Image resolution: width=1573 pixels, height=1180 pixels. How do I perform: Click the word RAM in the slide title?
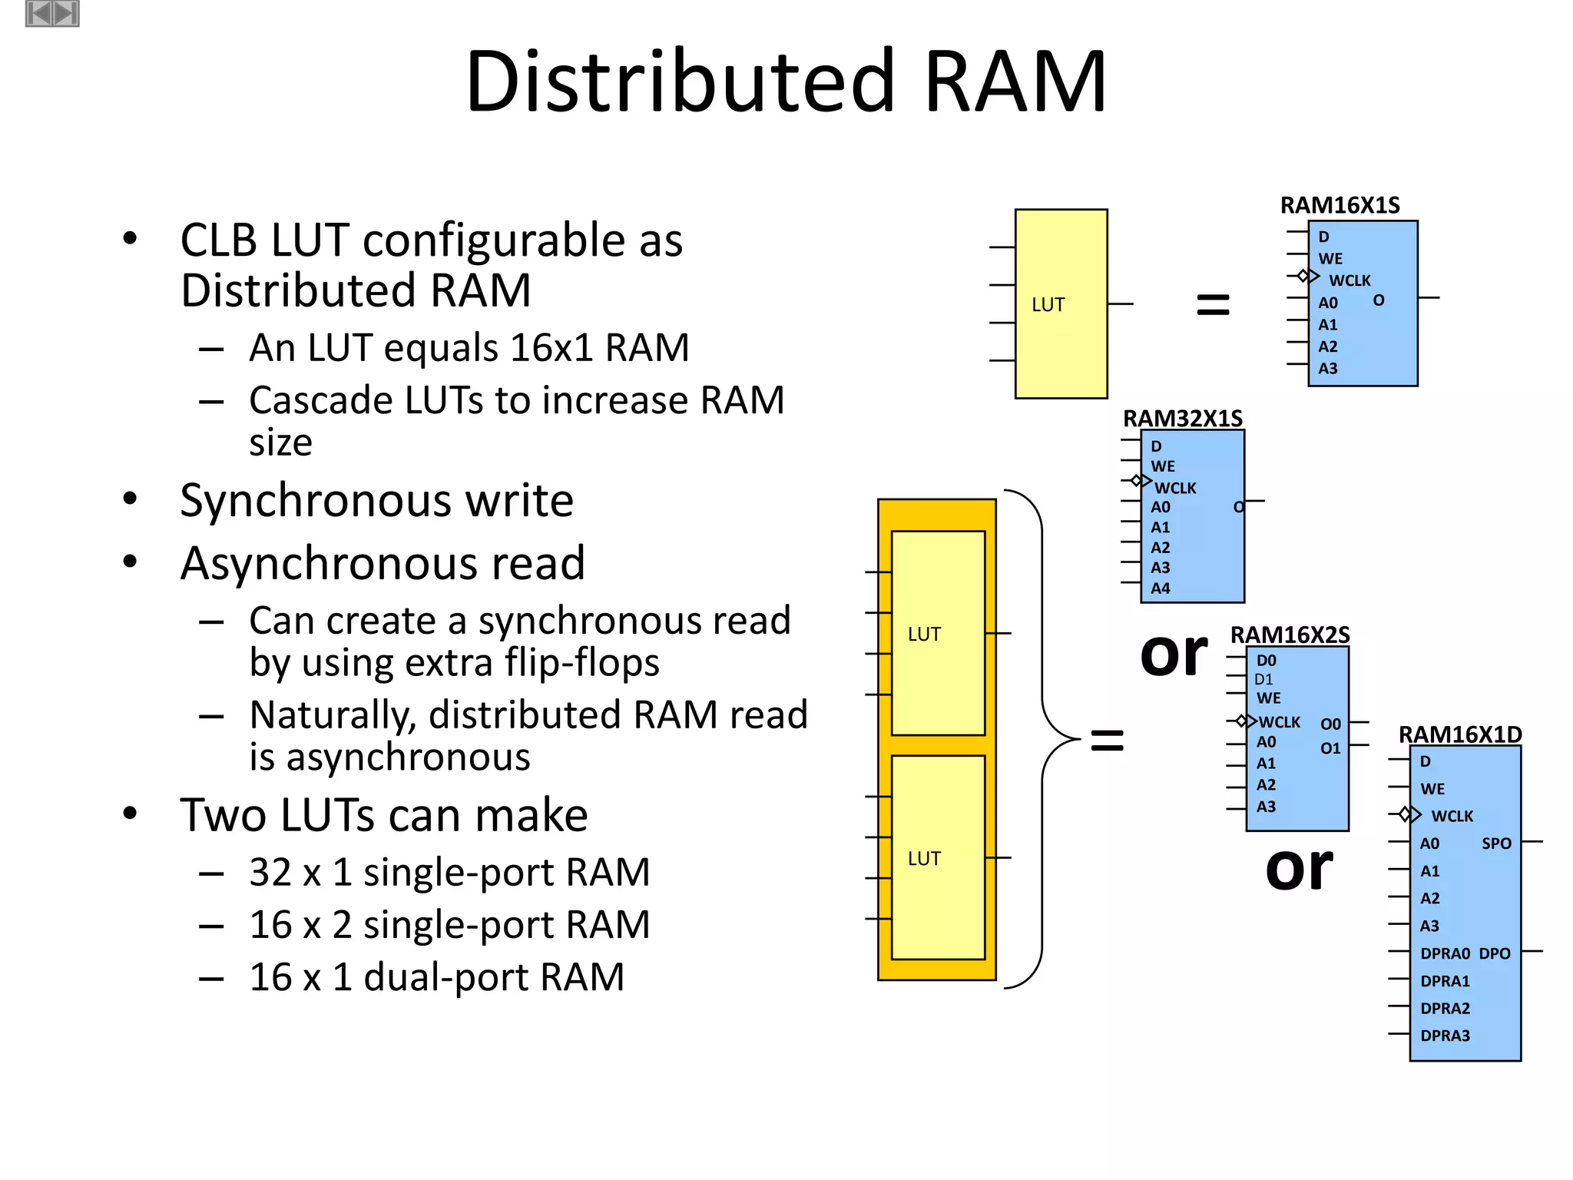(x=1015, y=81)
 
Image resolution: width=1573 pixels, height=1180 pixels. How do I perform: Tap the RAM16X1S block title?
(x=1340, y=205)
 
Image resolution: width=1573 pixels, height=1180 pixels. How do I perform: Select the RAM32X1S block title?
(x=1182, y=418)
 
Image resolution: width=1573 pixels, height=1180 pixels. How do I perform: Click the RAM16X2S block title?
(x=1290, y=635)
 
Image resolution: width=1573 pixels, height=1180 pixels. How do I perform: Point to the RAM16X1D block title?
(x=1459, y=734)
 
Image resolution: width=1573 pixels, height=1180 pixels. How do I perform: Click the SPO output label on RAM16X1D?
(x=1495, y=844)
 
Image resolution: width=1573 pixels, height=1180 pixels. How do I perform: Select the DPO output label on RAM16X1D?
(x=1494, y=953)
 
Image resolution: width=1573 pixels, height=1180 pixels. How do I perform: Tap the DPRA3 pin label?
(x=1444, y=1036)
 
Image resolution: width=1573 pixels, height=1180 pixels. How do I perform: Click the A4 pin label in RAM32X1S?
(x=1160, y=588)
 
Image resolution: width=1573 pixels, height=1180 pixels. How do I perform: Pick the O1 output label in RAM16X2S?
(x=1330, y=748)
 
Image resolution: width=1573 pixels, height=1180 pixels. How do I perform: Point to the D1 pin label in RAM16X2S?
(x=1263, y=679)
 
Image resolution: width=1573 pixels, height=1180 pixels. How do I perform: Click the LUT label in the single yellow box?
(x=1048, y=305)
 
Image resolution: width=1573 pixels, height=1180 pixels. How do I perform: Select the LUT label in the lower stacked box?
(x=923, y=859)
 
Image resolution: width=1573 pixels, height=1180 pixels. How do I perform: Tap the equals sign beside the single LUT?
(x=1213, y=304)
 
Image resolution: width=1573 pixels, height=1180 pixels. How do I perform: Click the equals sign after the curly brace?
(x=1107, y=741)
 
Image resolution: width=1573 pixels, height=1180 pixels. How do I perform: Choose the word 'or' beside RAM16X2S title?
(x=1174, y=655)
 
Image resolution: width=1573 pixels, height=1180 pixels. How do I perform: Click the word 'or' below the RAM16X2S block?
(x=1299, y=868)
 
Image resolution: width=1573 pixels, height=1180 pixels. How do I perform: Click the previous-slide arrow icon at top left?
(x=39, y=13)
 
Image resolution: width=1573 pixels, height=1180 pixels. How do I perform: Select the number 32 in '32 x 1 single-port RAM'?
(x=270, y=873)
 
